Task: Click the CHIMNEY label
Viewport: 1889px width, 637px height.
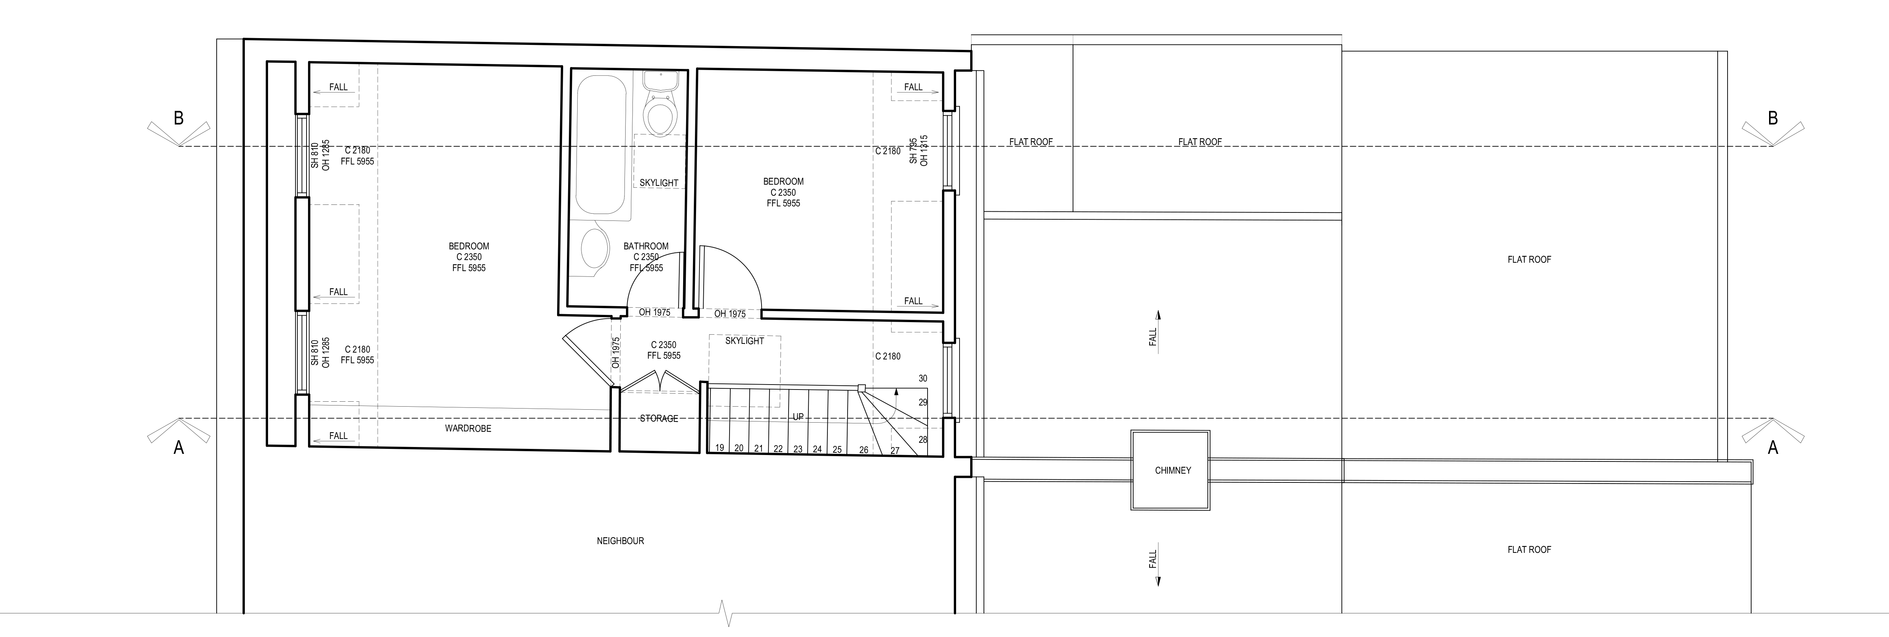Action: point(1172,471)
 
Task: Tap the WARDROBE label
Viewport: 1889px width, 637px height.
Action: point(468,428)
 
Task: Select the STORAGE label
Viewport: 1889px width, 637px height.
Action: point(658,418)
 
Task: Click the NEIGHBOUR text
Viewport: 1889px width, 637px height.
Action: point(620,541)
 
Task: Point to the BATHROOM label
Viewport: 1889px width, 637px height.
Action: point(646,246)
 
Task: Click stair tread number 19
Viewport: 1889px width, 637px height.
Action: point(719,448)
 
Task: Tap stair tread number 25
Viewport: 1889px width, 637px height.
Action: point(837,449)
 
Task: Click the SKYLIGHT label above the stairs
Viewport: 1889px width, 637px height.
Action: point(744,341)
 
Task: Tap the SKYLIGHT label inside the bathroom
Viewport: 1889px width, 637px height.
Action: point(658,182)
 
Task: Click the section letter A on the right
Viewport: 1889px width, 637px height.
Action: point(1772,447)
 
